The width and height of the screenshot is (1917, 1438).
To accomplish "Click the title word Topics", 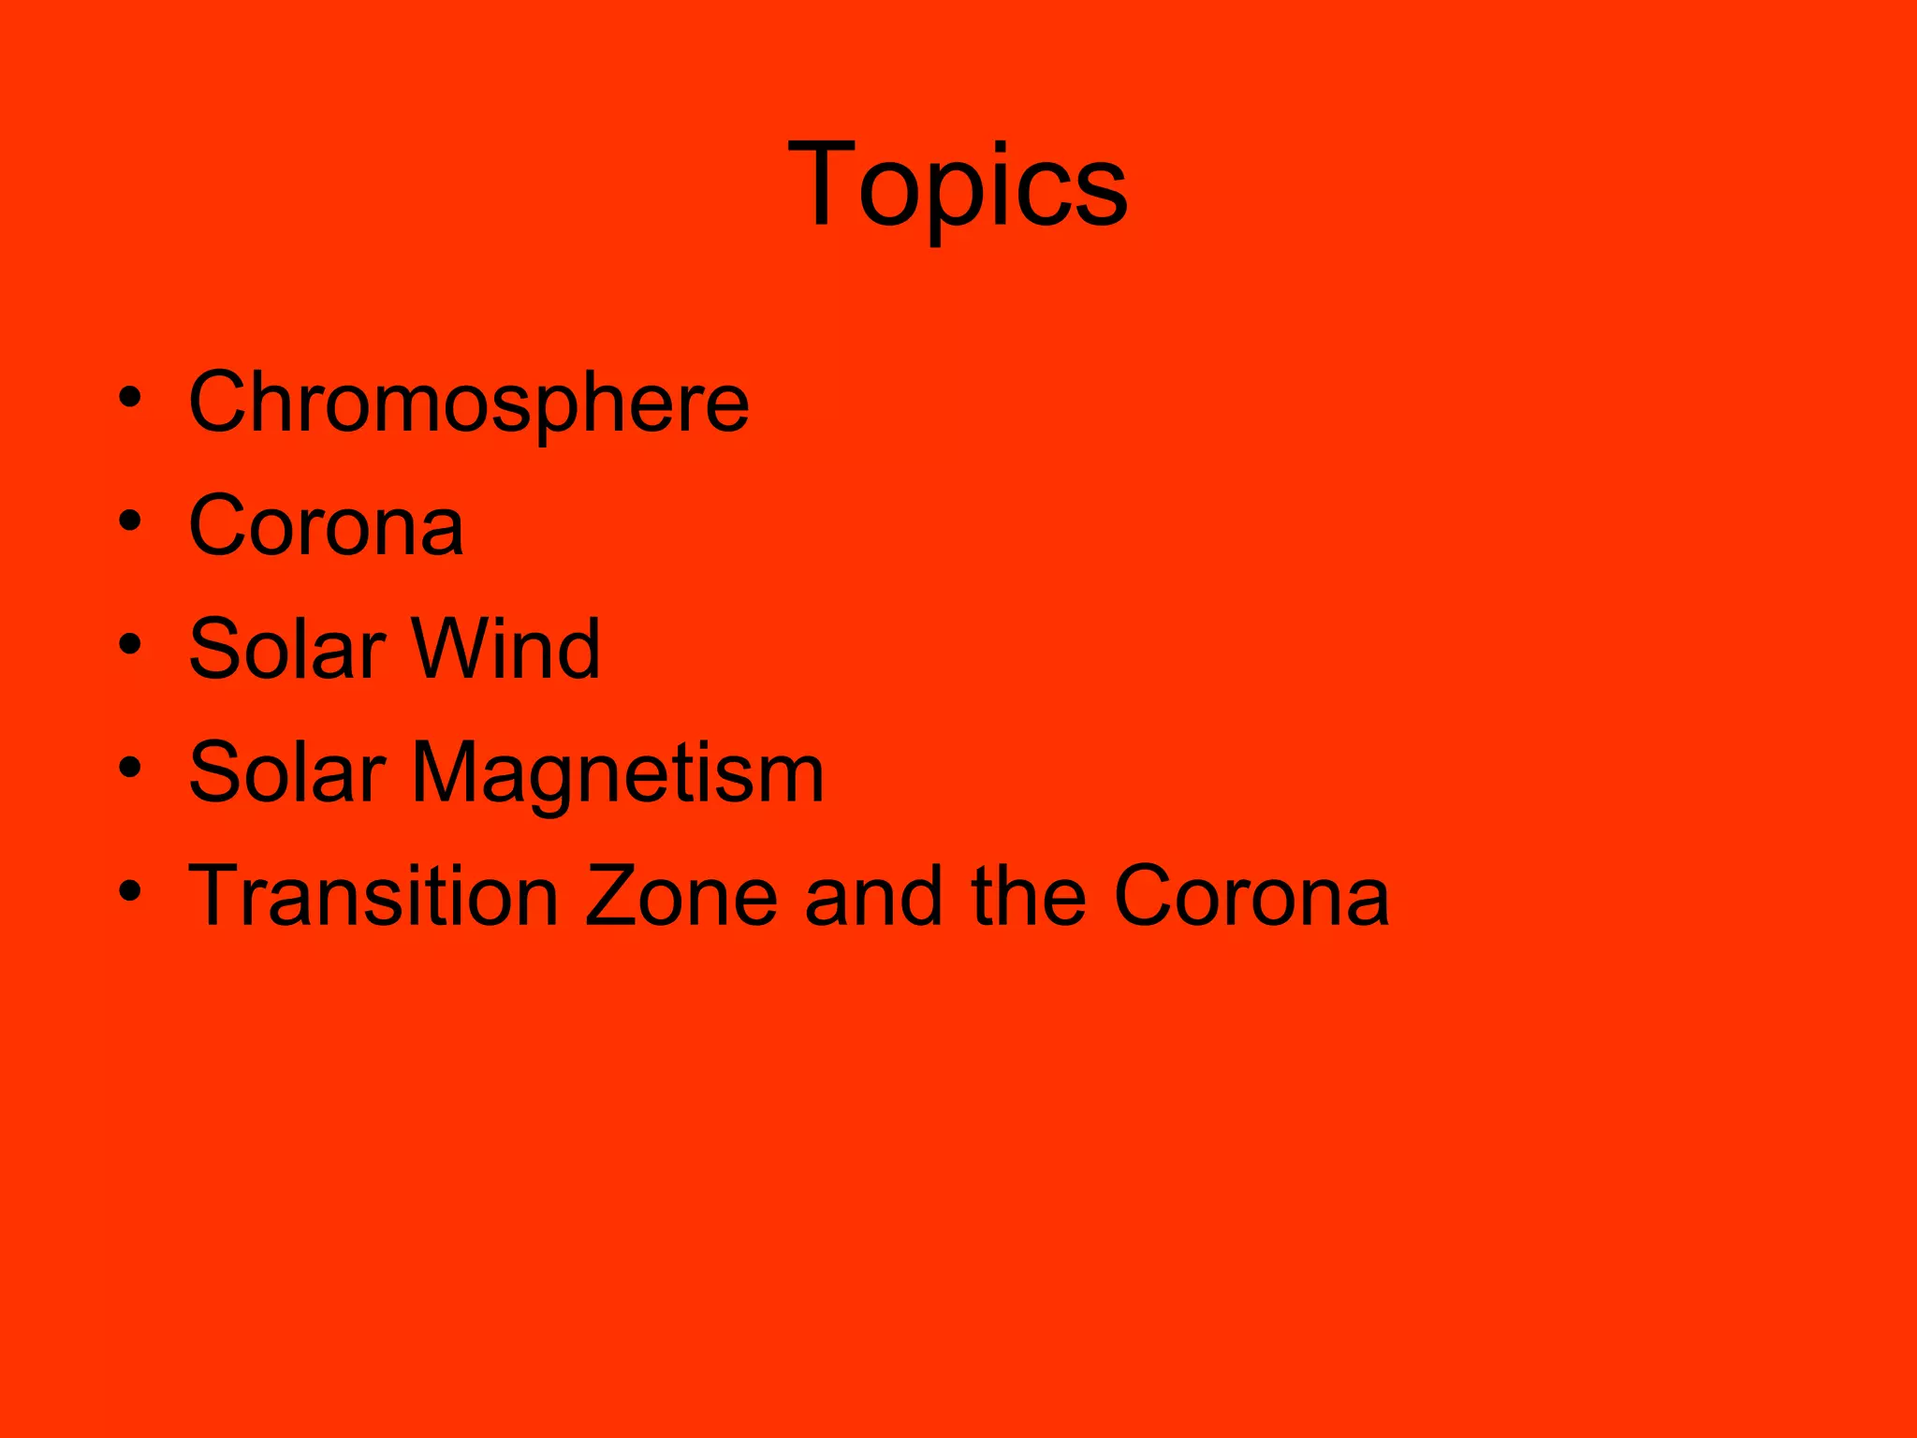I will click(958, 184).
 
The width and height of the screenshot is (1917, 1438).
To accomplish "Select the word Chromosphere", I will click(469, 403).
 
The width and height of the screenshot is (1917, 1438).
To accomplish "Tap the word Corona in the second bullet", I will click(326, 526).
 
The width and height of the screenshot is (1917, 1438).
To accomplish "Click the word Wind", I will click(505, 649).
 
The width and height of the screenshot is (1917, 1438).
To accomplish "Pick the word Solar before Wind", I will click(287, 649).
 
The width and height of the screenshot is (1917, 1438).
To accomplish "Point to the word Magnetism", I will click(618, 773).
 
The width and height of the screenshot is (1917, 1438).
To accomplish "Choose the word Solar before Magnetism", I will click(287, 772).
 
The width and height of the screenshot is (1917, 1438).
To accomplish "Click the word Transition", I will click(373, 896).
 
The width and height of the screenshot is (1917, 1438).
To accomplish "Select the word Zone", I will click(682, 896).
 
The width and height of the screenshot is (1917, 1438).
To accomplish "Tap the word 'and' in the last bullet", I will click(873, 896).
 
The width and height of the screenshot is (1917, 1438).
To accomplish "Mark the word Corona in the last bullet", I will click(1251, 896).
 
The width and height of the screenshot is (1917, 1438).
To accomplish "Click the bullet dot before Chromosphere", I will click(130, 397).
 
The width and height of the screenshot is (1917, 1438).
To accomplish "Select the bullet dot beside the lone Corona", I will click(130, 521).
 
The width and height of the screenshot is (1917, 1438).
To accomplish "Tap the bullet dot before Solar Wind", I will click(130, 644).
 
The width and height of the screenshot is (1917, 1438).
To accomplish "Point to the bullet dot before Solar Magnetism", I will click(130, 768).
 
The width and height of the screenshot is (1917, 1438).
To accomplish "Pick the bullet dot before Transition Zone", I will click(130, 891).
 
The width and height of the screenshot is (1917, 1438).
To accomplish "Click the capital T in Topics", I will click(821, 183).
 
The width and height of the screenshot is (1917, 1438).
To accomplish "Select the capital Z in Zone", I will click(614, 896).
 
